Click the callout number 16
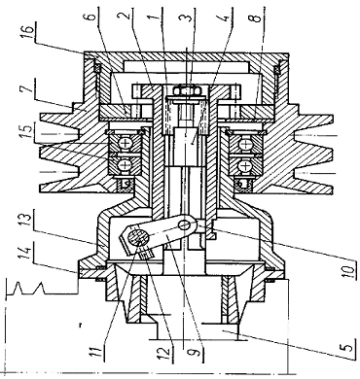28,30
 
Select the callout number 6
90,17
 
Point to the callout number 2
127,13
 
